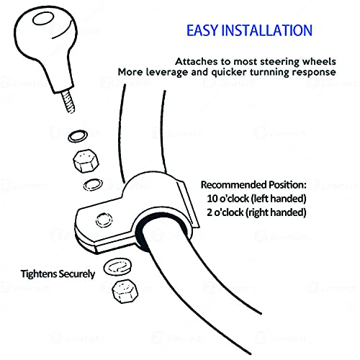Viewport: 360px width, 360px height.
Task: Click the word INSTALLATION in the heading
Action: (x=266, y=30)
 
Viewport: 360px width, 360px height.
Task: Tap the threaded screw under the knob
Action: (x=68, y=102)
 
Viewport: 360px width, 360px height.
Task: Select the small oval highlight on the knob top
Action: (x=43, y=19)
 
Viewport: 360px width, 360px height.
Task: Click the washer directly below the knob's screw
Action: (x=77, y=136)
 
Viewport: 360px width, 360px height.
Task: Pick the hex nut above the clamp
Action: (x=86, y=161)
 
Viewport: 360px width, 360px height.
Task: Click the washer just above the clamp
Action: (x=93, y=184)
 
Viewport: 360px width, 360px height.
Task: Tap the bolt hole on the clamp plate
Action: (x=104, y=220)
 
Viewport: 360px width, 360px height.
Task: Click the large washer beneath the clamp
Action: (x=117, y=267)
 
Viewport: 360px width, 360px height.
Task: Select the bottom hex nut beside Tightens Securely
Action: (x=125, y=292)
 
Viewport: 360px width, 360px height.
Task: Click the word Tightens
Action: (x=39, y=274)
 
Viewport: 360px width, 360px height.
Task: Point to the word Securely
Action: (x=77, y=274)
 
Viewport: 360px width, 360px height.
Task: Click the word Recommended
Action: (x=234, y=185)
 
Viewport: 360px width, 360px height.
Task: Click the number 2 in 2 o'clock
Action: (x=210, y=212)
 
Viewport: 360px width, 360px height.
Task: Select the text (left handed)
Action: (x=279, y=199)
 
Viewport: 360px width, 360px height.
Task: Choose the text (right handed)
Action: (x=276, y=212)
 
